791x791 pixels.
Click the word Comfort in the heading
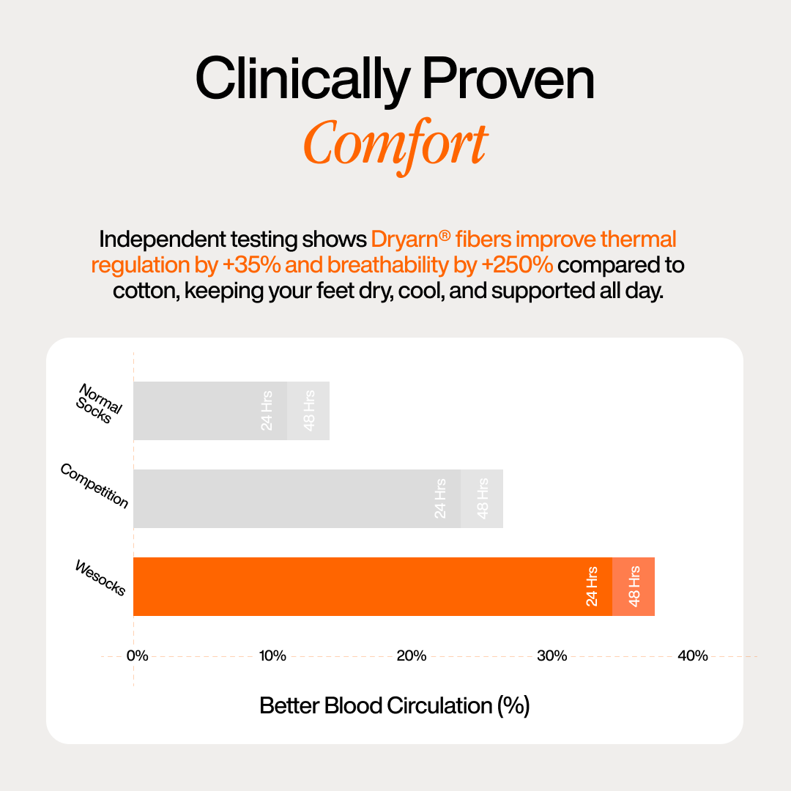tap(395, 144)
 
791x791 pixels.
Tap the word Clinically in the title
tap(302, 80)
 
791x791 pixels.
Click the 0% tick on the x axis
tap(137, 656)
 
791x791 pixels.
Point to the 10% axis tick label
tap(272, 656)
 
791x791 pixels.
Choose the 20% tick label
tap(412, 656)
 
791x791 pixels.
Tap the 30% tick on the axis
tap(552, 656)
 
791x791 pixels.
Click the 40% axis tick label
tap(692, 656)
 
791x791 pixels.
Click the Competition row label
tap(94, 486)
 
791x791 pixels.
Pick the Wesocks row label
tap(100, 578)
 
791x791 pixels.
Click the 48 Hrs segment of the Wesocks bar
tap(634, 587)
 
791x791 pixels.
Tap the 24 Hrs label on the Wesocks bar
tap(593, 587)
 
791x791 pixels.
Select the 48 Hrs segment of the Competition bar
tap(482, 499)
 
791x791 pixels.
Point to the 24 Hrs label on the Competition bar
tap(440, 499)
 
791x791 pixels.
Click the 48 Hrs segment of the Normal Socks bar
tap(308, 411)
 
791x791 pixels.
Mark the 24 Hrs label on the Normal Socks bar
tap(267, 411)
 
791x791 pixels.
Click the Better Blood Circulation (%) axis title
tap(395, 706)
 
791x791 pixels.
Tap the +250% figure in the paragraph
tap(518, 264)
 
